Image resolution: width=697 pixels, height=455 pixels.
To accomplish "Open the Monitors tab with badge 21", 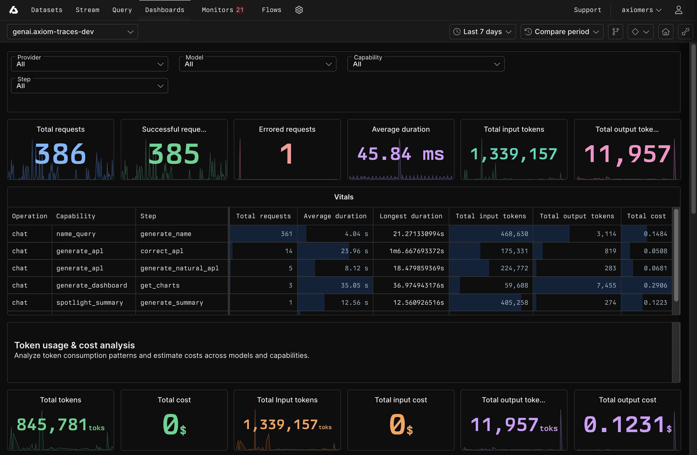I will [223, 10].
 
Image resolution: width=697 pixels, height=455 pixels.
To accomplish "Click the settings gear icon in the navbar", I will [299, 10].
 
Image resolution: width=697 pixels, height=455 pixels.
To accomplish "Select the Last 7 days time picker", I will [482, 32].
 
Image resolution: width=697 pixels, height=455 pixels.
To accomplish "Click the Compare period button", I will [562, 32].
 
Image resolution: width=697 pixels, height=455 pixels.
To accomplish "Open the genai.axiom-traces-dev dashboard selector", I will [72, 32].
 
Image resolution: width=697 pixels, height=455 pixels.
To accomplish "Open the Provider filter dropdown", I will [89, 64].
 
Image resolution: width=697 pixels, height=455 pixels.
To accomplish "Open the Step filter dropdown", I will [89, 86].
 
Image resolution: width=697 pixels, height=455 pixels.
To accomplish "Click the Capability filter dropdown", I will [426, 64].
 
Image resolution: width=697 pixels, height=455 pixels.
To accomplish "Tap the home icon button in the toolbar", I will [665, 32].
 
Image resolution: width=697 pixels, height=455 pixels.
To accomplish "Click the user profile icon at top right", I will [678, 10].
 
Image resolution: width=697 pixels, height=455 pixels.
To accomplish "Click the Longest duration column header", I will [410, 216].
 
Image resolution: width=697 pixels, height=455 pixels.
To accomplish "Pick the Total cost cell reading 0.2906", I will [655, 285].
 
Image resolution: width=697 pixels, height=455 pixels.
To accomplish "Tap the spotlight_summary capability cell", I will [90, 303].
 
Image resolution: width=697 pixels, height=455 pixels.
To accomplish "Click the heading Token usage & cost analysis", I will [74, 345].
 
